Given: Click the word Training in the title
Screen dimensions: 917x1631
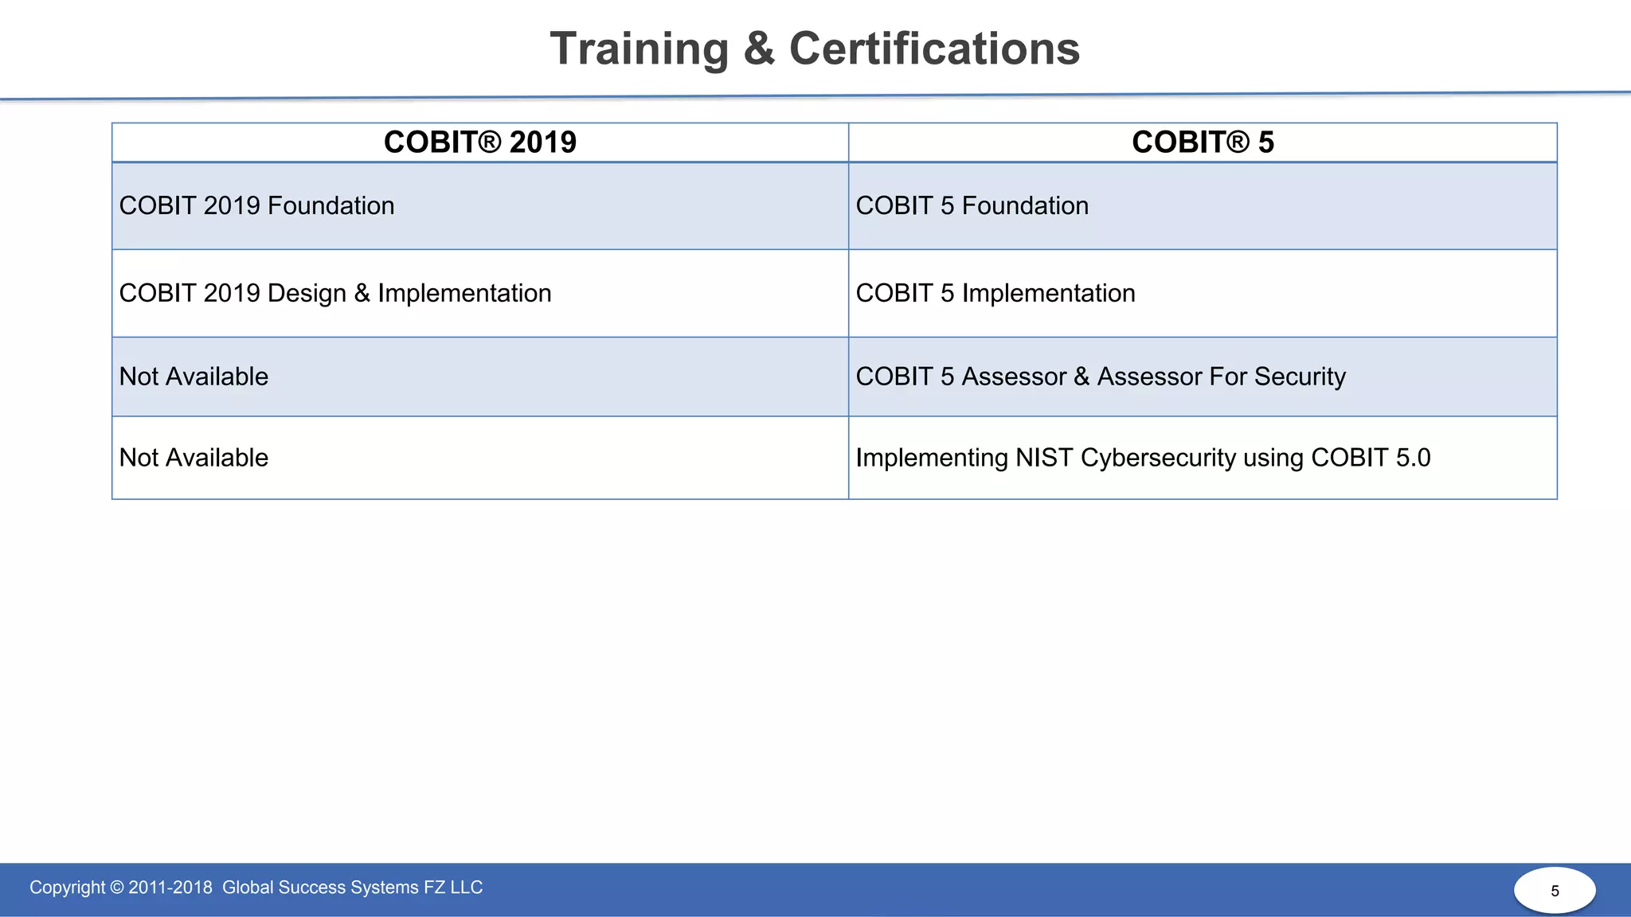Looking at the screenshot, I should click(x=639, y=49).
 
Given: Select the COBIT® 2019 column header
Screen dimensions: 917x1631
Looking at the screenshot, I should click(x=479, y=142).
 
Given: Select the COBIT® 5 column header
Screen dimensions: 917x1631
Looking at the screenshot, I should click(x=1203, y=142).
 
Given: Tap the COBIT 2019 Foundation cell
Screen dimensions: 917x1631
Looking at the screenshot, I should click(x=256, y=206).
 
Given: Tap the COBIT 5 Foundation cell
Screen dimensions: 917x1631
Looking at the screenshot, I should click(x=972, y=206).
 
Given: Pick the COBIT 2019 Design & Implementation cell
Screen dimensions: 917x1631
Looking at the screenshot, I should click(x=334, y=294).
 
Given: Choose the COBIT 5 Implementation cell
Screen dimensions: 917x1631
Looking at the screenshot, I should click(x=995, y=294).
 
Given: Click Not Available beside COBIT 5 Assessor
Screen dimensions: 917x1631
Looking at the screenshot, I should click(x=194, y=377).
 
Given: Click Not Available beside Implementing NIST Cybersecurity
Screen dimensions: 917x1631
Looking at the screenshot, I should click(x=194, y=458).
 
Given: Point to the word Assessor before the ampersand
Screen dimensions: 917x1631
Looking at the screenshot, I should click(x=1013, y=377).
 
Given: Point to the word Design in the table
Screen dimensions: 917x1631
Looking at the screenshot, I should click(x=307, y=294).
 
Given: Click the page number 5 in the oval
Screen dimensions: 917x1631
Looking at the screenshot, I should click(x=1555, y=891).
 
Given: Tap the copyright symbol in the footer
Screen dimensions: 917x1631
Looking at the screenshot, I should click(x=117, y=888).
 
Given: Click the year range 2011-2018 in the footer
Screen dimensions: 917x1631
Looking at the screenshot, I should click(x=170, y=888).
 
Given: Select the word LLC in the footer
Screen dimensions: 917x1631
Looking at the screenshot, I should click(x=466, y=888).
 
